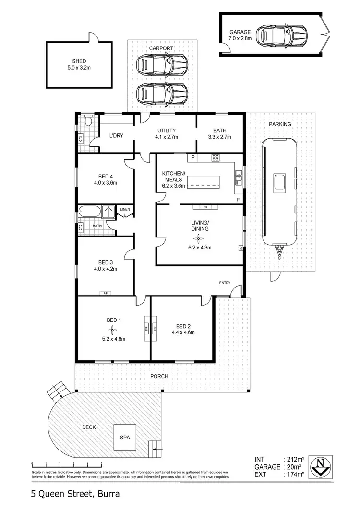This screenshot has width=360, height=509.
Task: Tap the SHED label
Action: (x=79, y=61)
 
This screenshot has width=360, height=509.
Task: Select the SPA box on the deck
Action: (x=125, y=437)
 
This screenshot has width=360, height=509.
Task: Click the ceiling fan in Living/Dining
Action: (x=200, y=237)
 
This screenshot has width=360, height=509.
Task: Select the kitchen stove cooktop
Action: (x=216, y=157)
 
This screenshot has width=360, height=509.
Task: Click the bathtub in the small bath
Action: (x=90, y=211)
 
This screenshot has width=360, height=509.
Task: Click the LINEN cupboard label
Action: (x=125, y=209)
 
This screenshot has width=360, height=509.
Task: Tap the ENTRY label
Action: (x=225, y=282)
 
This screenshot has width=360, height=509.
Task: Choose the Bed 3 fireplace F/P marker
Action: (x=104, y=293)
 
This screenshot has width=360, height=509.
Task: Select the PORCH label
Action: (x=159, y=376)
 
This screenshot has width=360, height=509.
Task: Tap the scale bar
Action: (x=67, y=464)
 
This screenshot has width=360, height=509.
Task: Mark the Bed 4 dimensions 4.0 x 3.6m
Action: (x=106, y=182)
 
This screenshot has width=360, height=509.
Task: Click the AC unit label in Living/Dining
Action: (x=240, y=248)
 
